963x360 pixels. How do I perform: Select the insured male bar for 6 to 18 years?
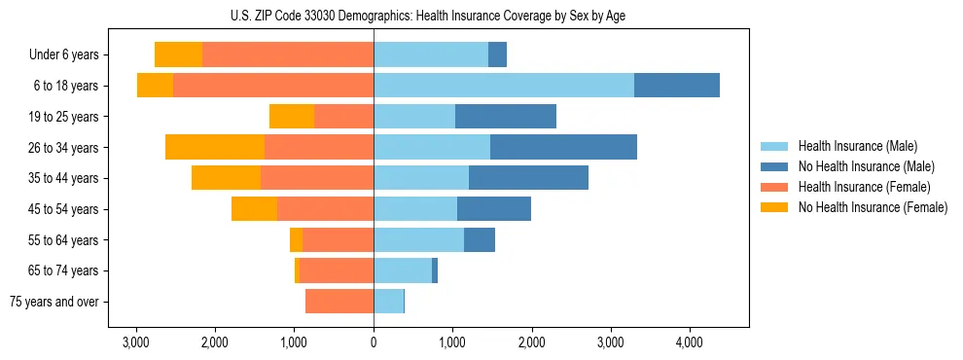click(504, 86)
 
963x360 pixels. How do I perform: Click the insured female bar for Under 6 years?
click(288, 54)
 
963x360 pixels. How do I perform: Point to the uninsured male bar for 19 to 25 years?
click(506, 117)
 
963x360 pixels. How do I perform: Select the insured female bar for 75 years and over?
click(339, 302)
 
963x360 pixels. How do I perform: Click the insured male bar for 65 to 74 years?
click(403, 270)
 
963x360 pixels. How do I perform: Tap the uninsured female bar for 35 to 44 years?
click(226, 178)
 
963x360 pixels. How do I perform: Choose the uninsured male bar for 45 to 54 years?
click(494, 209)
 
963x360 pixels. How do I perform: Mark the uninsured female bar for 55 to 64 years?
click(296, 239)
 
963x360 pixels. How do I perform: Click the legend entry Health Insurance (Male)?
click(857, 146)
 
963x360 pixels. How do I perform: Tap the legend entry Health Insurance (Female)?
click(864, 187)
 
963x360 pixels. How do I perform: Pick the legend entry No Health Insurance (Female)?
click(873, 207)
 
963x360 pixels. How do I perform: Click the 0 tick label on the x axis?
click(374, 342)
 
